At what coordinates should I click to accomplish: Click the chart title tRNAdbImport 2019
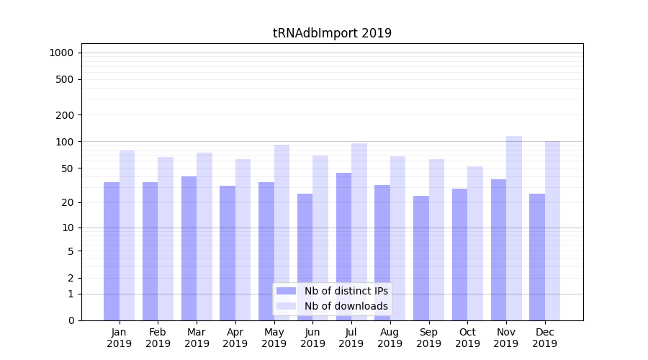tap(332, 33)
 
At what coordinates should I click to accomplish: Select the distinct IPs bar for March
tap(189, 248)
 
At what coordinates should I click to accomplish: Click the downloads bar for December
tap(553, 230)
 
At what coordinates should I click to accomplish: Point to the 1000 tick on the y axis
tap(61, 53)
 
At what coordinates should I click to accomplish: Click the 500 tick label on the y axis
tap(65, 79)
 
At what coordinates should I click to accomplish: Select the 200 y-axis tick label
tap(65, 115)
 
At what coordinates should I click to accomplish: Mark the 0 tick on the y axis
tap(71, 320)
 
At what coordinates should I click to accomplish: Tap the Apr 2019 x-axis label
tap(235, 338)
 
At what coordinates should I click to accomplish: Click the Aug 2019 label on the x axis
tap(390, 338)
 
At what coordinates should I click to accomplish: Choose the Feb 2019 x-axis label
tap(158, 338)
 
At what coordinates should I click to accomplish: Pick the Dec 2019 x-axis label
tap(545, 338)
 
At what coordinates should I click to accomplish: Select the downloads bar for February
tap(166, 238)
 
